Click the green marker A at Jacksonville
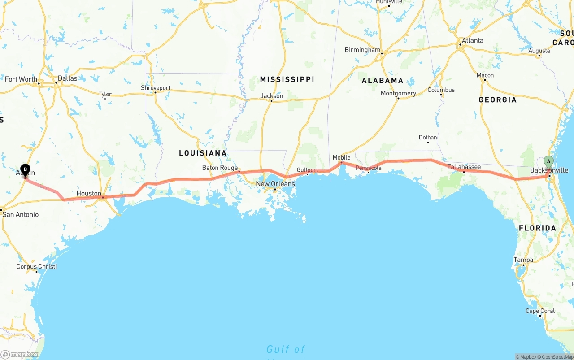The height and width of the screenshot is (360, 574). point(548,162)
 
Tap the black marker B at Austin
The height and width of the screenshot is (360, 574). point(26,170)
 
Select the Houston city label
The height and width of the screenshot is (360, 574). point(89,193)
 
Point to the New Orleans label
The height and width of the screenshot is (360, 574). point(275,184)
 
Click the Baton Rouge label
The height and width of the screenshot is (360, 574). point(220,168)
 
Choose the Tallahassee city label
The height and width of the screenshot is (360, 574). point(464,167)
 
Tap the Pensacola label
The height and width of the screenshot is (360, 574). point(369,168)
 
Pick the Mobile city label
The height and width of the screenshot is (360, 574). point(341,157)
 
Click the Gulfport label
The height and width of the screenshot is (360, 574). point(307,170)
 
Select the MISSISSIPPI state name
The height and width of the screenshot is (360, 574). point(287,79)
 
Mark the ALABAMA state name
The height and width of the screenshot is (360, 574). point(383,81)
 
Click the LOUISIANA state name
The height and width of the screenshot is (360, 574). point(203,153)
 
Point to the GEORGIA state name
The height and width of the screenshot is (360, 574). point(497,100)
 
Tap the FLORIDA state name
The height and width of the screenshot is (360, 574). point(537,228)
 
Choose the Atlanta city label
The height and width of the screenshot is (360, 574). point(473,40)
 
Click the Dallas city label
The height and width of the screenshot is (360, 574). point(67,78)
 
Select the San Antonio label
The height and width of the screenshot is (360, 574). point(21,214)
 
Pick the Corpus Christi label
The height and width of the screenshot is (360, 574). point(36,266)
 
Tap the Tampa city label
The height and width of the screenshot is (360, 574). point(523,260)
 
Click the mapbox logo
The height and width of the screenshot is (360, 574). point(20,354)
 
